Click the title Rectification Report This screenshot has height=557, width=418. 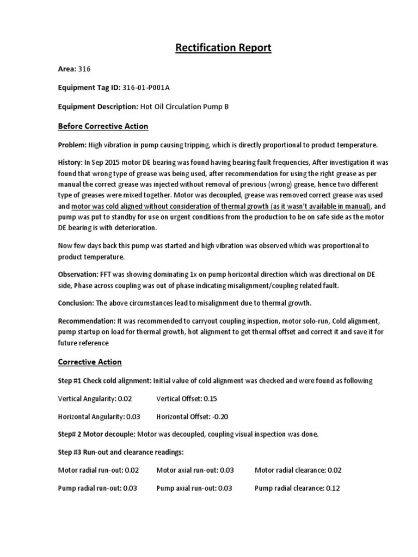click(x=223, y=48)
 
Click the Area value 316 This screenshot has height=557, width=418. click(x=84, y=69)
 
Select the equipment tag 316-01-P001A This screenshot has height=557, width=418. click(x=157, y=88)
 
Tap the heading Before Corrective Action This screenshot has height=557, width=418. click(x=103, y=126)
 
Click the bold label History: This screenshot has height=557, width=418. click(x=70, y=163)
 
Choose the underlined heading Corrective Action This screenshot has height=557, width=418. click(x=90, y=362)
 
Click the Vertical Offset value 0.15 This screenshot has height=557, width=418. click(x=210, y=399)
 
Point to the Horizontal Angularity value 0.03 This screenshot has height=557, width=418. click(x=133, y=417)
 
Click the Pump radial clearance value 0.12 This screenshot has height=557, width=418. click(x=332, y=488)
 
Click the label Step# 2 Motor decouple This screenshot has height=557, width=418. click(x=96, y=434)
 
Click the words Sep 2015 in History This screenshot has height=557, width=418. click(x=103, y=163)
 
